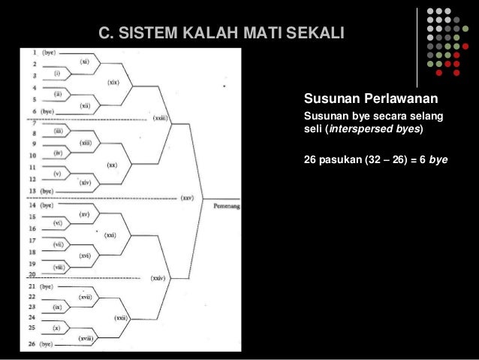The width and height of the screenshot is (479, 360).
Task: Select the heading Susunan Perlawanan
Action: click(370, 99)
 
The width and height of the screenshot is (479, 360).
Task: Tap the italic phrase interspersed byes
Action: click(384, 129)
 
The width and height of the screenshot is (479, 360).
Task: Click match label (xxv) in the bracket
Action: click(187, 198)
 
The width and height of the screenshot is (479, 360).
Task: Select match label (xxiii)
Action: click(161, 118)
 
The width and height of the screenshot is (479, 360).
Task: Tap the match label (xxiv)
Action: click(158, 278)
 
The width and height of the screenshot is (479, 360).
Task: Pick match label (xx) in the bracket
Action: click(112, 165)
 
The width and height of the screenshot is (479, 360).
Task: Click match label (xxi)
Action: click(110, 235)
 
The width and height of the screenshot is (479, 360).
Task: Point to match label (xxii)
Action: click(121, 318)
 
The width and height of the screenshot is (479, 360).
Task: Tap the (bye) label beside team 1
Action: click(48, 53)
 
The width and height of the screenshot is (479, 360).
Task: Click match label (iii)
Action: click(58, 132)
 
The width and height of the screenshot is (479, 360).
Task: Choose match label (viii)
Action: click(58, 268)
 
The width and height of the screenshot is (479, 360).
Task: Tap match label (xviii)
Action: click(86, 339)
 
